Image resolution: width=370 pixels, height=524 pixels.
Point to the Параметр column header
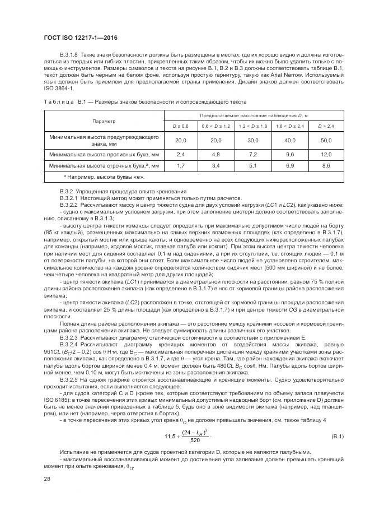tap(104, 121)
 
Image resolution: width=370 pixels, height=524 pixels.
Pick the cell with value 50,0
tap(326, 140)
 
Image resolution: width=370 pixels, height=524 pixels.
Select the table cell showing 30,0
tap(253, 140)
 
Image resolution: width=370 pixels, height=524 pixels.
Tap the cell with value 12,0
tap(326, 154)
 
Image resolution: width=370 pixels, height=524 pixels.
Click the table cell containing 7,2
tap(253, 154)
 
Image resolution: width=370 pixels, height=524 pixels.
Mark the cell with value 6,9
tap(289, 166)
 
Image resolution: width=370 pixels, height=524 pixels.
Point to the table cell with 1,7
tap(180, 166)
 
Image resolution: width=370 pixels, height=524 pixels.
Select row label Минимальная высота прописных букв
tap(104, 154)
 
